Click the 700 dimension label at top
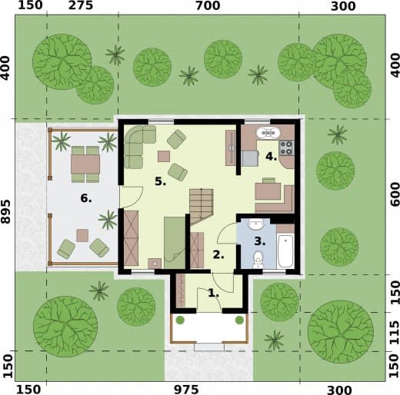click(208, 5)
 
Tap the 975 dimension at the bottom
click(186, 390)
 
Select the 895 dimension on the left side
click(5, 212)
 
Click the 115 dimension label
click(395, 333)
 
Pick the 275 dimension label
click(81, 5)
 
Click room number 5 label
click(161, 181)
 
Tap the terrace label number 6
click(86, 198)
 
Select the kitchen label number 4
click(271, 156)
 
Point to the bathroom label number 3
click(260, 241)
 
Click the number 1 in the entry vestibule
click(213, 293)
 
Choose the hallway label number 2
click(218, 255)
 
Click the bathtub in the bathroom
click(285, 251)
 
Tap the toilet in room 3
click(258, 260)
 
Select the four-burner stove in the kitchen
click(287, 148)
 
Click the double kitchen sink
click(268, 133)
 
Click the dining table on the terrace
click(85, 164)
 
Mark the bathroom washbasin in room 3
click(255, 224)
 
